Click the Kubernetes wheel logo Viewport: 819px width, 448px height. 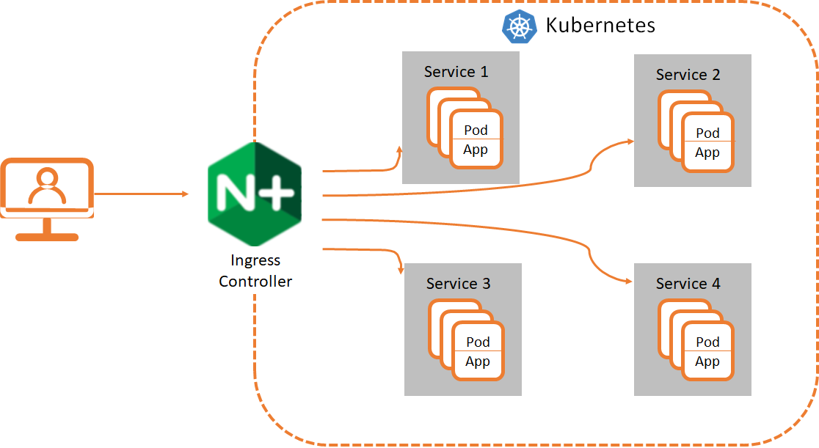click(520, 26)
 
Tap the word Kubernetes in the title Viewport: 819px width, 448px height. click(600, 26)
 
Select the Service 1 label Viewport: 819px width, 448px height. click(456, 72)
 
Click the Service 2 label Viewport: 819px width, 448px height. click(688, 75)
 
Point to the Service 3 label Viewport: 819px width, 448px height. click(458, 284)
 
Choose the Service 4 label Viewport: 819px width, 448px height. click(688, 284)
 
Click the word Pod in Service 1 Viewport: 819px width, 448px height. click(476, 131)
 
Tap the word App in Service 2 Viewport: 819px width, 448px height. click(707, 153)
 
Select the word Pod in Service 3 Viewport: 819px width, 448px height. click(478, 342)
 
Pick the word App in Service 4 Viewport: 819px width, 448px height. click(707, 361)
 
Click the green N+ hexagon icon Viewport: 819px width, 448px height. click(255, 194)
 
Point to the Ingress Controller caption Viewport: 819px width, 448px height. click(255, 271)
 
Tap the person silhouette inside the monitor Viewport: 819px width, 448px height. click(47, 187)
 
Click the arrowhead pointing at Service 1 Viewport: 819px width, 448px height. click(399, 150)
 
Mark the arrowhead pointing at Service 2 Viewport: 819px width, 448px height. click(630, 141)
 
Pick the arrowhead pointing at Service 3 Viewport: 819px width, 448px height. click(401, 270)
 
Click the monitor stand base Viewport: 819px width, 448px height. click(47, 237)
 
